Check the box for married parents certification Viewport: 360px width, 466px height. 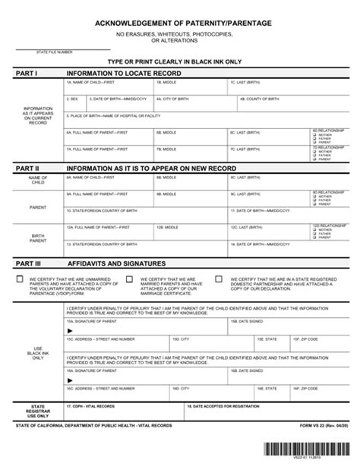[128, 279]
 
